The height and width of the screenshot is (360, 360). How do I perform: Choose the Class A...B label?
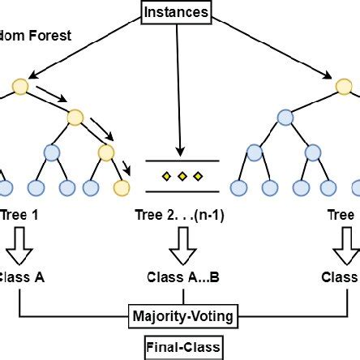[183, 276]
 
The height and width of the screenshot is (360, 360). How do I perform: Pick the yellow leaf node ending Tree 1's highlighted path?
[122, 188]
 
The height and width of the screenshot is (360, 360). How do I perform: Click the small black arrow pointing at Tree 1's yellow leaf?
[126, 169]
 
